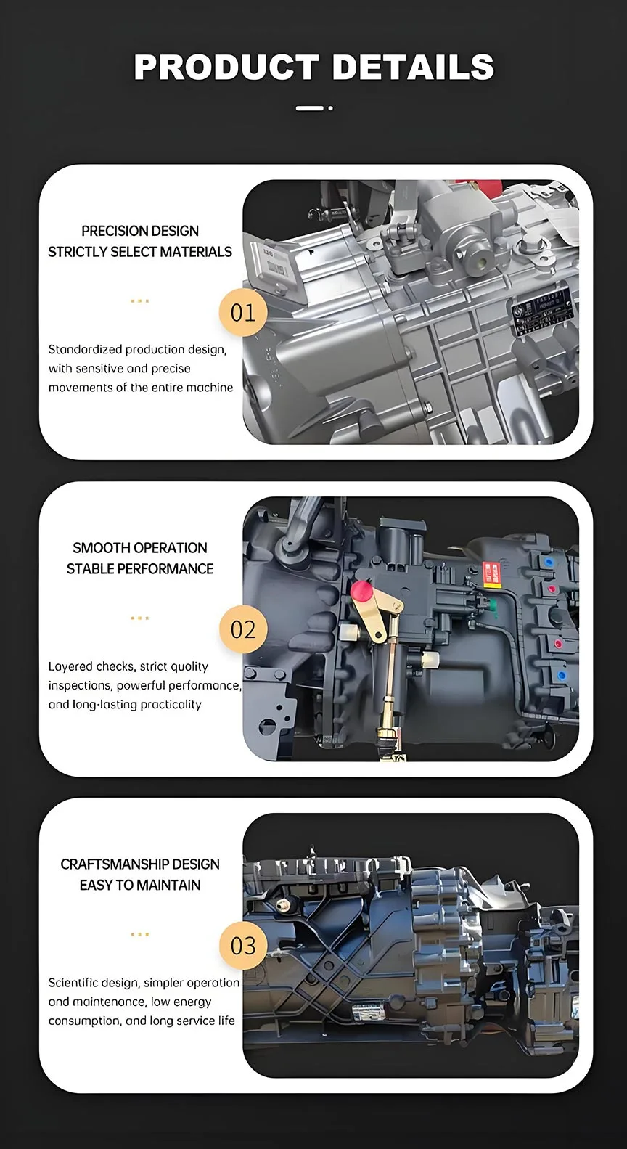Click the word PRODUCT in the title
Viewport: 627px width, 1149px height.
226,68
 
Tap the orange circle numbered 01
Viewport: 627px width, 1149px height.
243,313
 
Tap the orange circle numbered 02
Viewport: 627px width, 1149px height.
243,629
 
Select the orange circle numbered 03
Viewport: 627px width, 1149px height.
243,946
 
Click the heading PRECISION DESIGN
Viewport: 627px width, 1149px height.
140,231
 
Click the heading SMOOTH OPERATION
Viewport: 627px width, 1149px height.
140,548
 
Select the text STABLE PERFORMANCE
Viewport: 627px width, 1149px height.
140,569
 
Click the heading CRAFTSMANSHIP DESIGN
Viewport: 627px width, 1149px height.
140,864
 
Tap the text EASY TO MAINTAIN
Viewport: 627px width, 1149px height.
140,886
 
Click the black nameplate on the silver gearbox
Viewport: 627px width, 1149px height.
541,313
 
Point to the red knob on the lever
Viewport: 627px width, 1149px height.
361,590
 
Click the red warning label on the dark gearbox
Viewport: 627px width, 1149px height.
491,573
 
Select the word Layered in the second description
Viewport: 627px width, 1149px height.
70,666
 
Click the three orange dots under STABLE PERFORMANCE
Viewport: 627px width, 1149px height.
139,618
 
